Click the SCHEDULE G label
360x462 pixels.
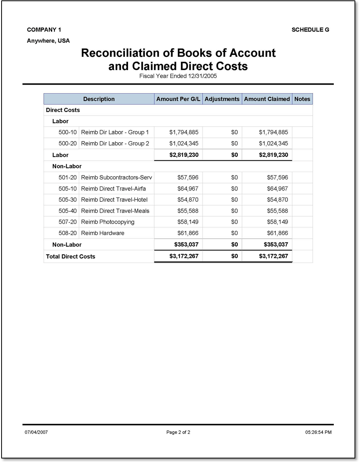(310, 30)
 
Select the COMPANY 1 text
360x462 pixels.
(44, 30)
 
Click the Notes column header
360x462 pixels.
(302, 99)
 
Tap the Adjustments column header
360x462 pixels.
(222, 99)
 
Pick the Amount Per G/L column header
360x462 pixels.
(178, 99)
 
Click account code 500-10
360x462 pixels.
(67, 132)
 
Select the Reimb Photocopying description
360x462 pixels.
(108, 222)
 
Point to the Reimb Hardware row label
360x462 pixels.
(103, 233)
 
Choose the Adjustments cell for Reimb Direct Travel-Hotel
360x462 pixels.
(234, 200)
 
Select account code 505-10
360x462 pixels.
(67, 189)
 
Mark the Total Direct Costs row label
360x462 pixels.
(71, 257)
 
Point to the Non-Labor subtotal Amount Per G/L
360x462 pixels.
(186, 245)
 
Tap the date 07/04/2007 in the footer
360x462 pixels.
(36, 433)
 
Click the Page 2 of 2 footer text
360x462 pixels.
(178, 433)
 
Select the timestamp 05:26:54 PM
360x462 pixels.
(318, 433)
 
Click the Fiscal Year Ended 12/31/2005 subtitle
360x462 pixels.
(178, 76)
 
